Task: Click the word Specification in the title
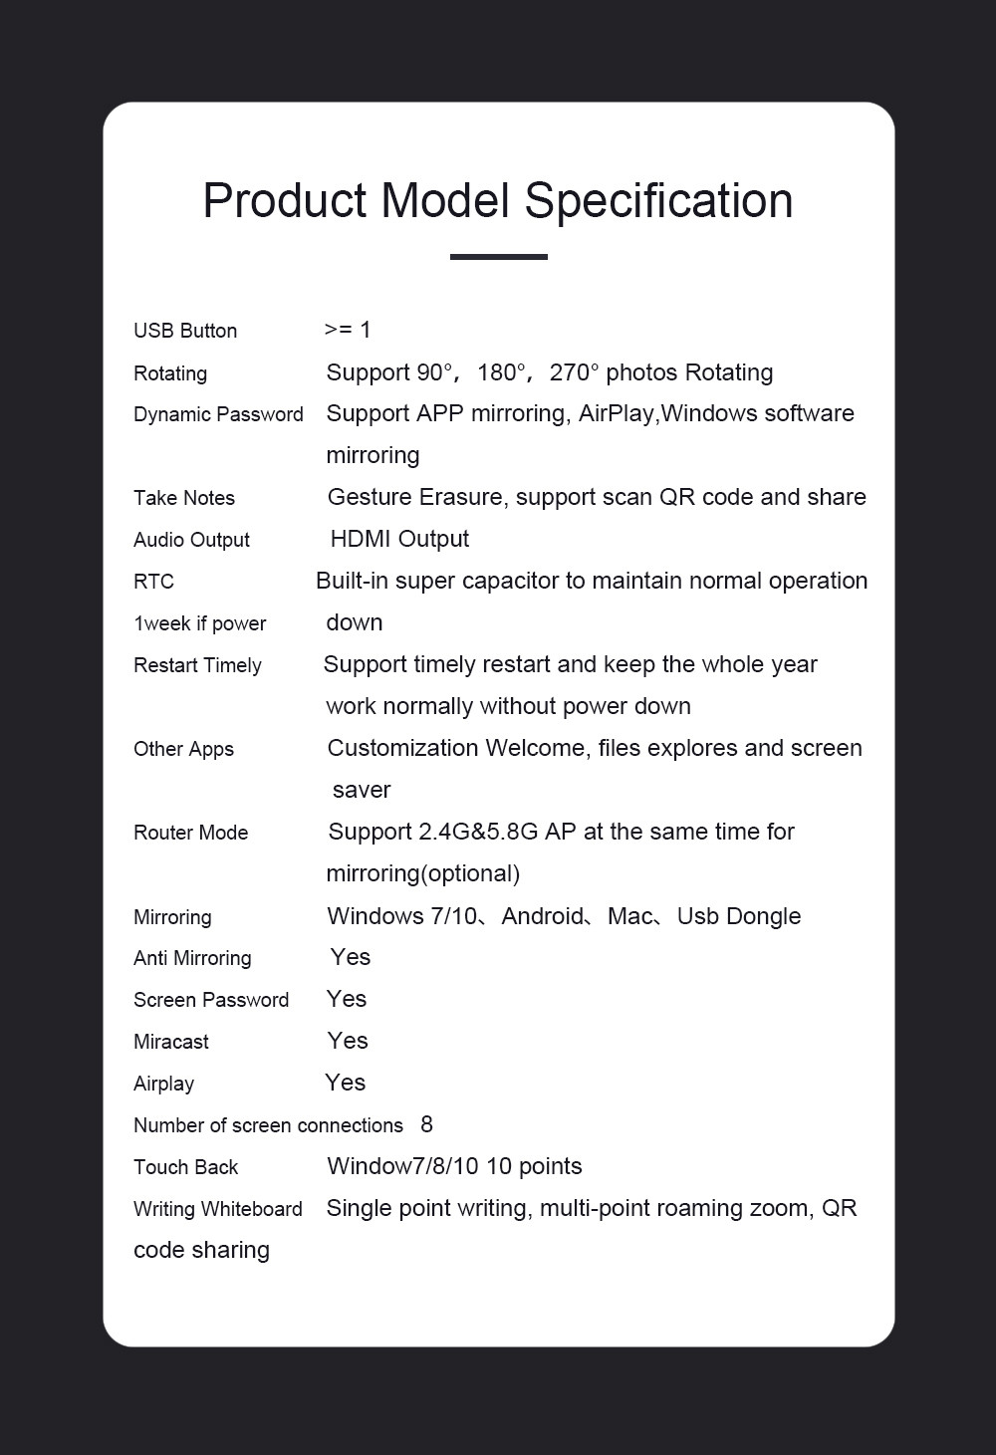(658, 201)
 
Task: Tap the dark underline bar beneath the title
(498, 257)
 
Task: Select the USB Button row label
(185, 331)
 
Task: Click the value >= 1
(348, 330)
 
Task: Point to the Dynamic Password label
(218, 414)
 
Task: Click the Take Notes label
(184, 498)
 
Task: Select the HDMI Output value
(399, 539)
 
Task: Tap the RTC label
(153, 582)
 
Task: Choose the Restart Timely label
(197, 665)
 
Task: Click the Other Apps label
(183, 749)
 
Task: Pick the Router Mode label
(190, 833)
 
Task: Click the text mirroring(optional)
(422, 873)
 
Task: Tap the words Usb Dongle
(738, 916)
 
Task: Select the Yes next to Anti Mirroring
(351, 957)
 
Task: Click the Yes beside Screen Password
(347, 999)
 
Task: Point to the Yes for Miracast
(348, 1041)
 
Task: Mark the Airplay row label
(163, 1084)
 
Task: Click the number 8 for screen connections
(426, 1124)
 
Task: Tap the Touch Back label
(185, 1167)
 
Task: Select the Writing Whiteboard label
(217, 1209)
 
